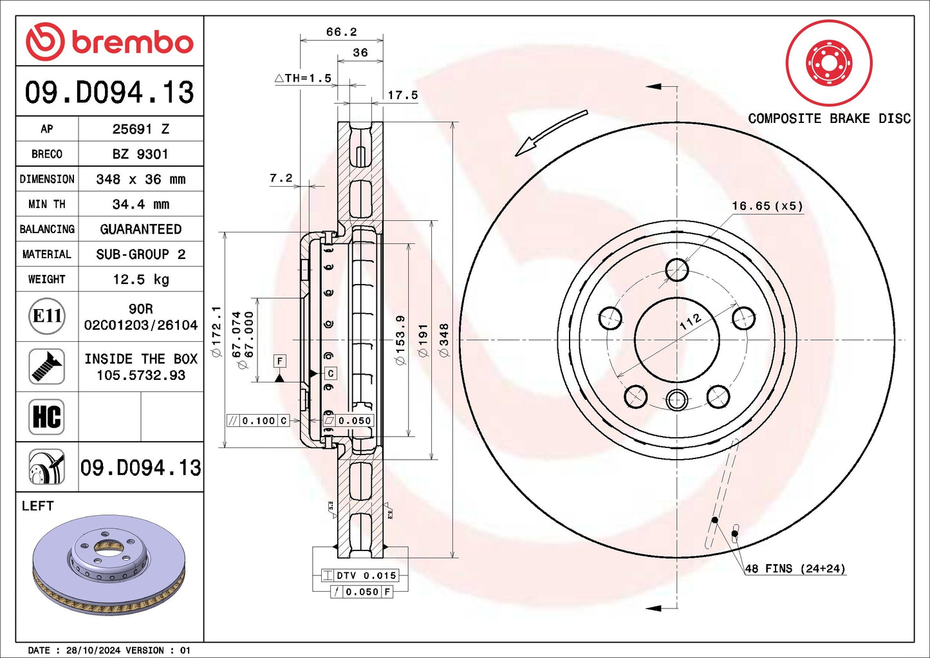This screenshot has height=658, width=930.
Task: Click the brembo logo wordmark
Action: tap(132, 42)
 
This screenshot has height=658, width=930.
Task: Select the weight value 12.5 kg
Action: tap(141, 279)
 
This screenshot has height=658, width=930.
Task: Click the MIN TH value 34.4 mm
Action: tap(141, 204)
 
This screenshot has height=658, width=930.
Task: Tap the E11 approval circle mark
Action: tap(47, 316)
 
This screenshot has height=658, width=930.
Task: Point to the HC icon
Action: tap(46, 417)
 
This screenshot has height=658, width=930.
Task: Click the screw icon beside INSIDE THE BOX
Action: tap(46, 366)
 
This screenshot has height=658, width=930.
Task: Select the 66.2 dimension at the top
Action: tap(341, 32)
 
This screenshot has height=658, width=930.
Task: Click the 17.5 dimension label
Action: tap(403, 95)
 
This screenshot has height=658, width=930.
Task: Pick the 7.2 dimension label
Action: tap(281, 178)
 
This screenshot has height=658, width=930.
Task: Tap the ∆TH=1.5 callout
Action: tap(303, 79)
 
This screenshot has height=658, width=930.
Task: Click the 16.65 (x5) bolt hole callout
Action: tap(767, 206)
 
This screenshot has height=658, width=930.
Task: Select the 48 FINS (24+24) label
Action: tap(795, 569)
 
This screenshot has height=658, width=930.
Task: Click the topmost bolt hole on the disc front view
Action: tap(677, 270)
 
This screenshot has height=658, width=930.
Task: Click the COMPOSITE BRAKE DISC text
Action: tap(829, 118)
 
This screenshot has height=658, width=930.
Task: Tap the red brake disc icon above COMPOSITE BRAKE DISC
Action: tap(829, 63)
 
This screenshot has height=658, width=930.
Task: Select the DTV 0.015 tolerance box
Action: tap(360, 576)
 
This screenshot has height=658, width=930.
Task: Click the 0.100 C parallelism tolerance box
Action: tap(258, 420)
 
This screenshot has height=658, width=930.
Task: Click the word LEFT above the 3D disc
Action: tap(38, 506)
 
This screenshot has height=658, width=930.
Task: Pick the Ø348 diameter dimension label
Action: tap(444, 340)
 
